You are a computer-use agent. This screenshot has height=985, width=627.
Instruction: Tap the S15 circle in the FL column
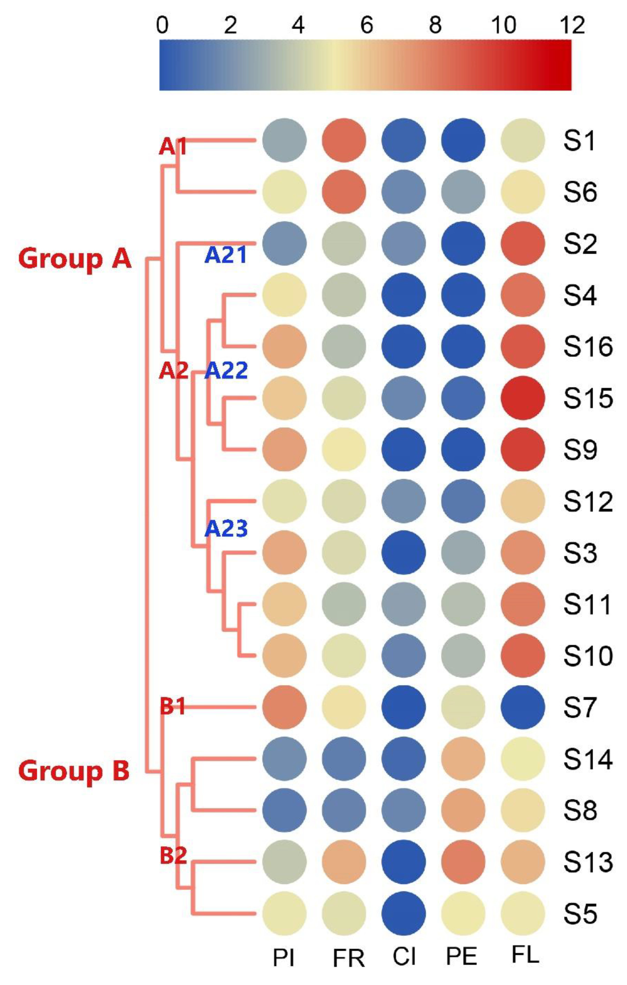coord(523,398)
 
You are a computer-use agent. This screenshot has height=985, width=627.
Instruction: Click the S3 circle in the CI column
coord(404,552)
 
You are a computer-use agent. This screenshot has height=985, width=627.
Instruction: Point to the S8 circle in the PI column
coord(284,810)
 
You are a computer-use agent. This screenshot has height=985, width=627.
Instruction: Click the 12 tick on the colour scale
coord(572,26)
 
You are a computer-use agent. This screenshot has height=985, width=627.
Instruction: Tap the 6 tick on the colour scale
coord(366,26)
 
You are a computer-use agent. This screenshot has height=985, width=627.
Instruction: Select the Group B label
coord(74,771)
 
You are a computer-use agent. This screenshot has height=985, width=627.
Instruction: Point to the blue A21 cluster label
coord(226,255)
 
